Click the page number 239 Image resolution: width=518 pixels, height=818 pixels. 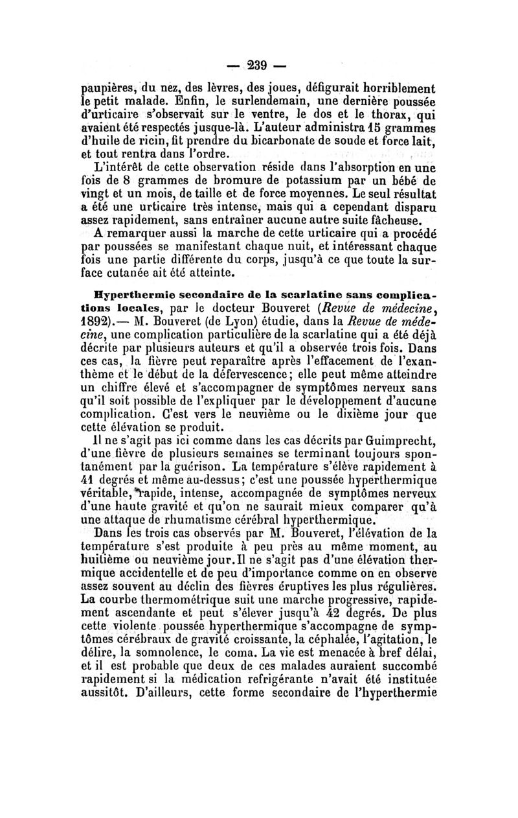[258, 65]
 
